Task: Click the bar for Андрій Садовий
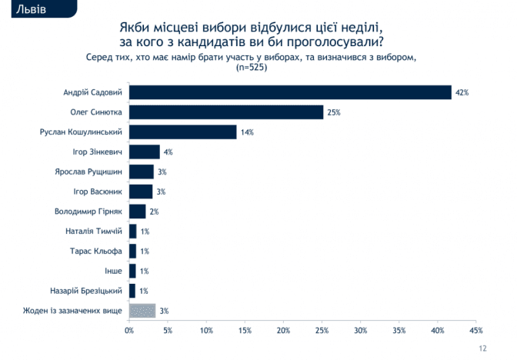(290, 92)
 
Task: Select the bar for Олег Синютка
(226, 112)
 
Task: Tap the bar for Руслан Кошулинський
(183, 132)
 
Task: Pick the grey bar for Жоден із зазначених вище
(142, 311)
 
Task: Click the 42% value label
(462, 92)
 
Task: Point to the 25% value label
(333, 112)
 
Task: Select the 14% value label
(247, 132)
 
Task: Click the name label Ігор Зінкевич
(97, 152)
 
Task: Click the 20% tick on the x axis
(283, 330)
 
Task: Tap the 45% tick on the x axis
(475, 330)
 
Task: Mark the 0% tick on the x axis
(129, 330)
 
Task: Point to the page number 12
(482, 348)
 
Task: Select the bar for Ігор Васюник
(141, 192)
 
